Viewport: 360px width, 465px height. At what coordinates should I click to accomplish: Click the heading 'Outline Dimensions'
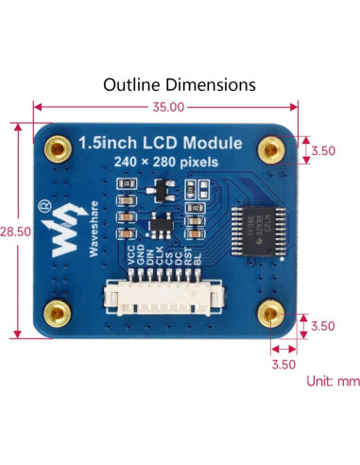point(180,84)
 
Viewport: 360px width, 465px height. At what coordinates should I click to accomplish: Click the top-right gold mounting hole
point(274,147)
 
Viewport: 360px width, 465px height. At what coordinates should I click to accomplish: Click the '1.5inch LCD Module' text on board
point(160,145)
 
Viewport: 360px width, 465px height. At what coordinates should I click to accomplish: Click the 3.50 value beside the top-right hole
point(323,149)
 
